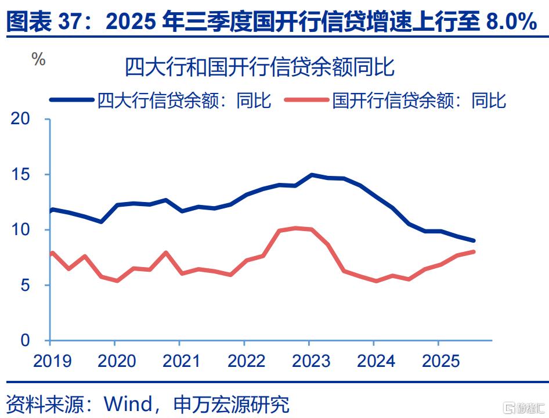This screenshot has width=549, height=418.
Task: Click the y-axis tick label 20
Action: click(21, 119)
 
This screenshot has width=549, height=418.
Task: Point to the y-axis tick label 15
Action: click(21, 175)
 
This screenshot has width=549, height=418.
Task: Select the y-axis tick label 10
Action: click(21, 230)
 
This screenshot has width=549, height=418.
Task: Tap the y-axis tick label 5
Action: click(26, 286)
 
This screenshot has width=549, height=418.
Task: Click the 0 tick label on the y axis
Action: click(26, 341)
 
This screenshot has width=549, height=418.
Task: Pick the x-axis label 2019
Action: click(53, 361)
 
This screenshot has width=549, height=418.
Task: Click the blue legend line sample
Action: click(72, 100)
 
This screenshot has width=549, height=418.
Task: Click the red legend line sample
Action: click(307, 100)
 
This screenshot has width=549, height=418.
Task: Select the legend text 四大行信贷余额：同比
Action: click(185, 100)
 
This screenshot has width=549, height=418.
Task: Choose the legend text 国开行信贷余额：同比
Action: click(419, 100)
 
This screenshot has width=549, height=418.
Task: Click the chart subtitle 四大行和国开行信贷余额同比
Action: click(259, 68)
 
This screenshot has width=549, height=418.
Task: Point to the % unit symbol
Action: click(38, 59)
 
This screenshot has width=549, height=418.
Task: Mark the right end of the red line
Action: click(474, 251)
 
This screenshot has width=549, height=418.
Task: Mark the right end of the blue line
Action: click(474, 240)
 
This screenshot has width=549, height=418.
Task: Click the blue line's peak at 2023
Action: click(312, 174)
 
